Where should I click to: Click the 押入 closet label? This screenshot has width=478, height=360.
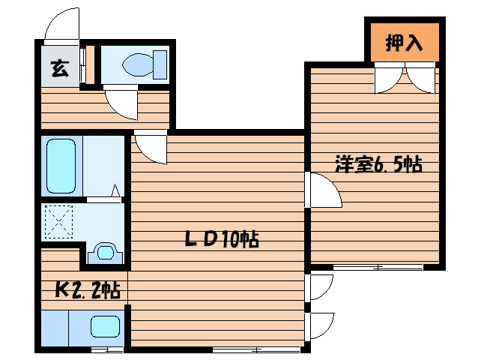pos(404,43)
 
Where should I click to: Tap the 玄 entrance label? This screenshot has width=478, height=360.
pos(58,70)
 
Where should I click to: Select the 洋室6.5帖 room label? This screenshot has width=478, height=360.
pos(378,164)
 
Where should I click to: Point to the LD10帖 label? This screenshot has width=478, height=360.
pos(223,239)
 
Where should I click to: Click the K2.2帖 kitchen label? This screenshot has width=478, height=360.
pos(88,289)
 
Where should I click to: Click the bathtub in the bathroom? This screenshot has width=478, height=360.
pos(59,165)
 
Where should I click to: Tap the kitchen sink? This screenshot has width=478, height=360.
pos(105,327)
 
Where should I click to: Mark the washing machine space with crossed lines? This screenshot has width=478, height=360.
pos(58,223)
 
